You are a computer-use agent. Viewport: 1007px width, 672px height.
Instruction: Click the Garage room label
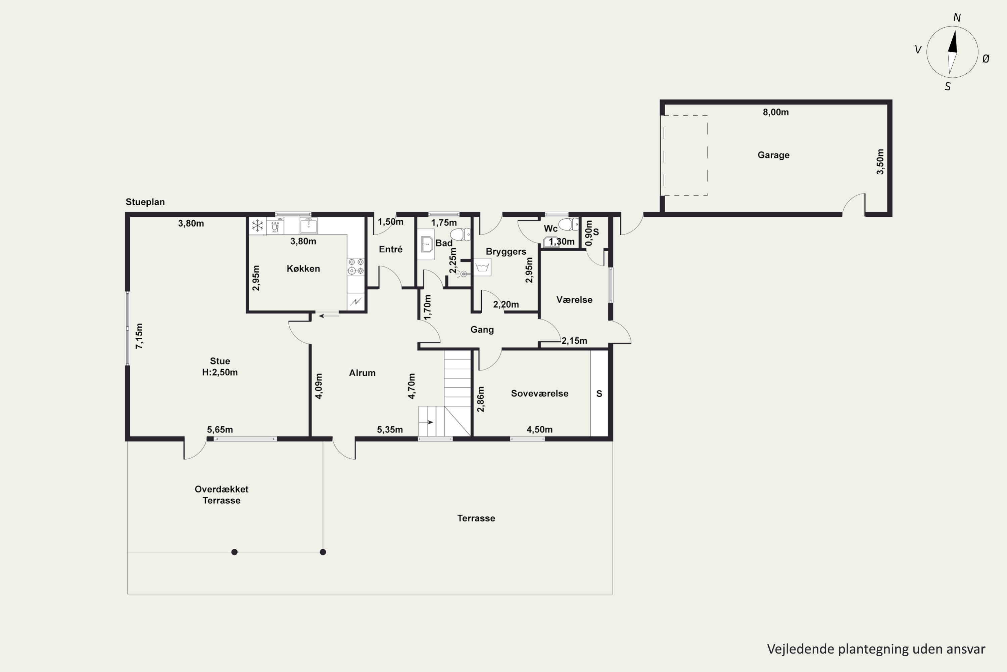(x=773, y=155)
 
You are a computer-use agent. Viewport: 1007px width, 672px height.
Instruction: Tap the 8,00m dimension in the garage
(x=775, y=112)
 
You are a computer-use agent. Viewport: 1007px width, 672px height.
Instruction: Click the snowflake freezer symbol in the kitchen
(x=257, y=225)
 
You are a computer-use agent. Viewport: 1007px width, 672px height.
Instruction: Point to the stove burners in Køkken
(x=356, y=266)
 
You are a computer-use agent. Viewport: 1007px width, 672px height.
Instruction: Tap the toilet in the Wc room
(x=569, y=224)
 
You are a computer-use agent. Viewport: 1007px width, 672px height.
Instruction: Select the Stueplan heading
(x=145, y=202)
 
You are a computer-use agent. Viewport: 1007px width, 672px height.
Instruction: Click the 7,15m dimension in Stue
(x=139, y=336)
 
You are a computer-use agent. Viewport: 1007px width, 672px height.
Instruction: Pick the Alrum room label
(x=362, y=373)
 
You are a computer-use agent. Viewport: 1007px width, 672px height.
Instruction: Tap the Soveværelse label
(x=539, y=393)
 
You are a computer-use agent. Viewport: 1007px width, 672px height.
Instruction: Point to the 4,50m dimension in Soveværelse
(x=539, y=429)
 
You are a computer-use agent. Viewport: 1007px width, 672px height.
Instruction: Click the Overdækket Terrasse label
(x=221, y=495)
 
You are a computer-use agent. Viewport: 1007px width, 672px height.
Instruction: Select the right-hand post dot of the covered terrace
(x=323, y=552)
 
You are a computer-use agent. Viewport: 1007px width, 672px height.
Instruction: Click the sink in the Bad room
(x=426, y=244)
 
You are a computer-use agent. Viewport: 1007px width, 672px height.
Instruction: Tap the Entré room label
(x=390, y=249)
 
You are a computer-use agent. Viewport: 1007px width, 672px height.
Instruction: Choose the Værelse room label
(x=574, y=300)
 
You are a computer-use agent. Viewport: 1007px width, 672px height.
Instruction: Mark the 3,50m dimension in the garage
(x=880, y=162)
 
